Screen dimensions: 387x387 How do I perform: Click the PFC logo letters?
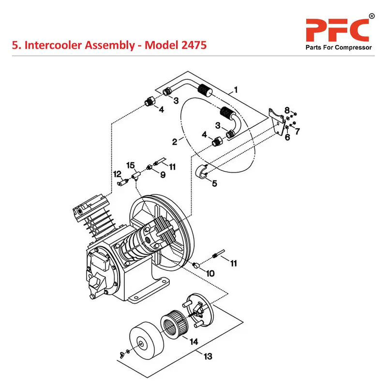pyautogui.click(x=337, y=30)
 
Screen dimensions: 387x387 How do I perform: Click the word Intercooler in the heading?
pyautogui.click(x=53, y=45)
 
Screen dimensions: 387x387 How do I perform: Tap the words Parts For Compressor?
pyautogui.click(x=338, y=47)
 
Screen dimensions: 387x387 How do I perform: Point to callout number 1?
pyautogui.click(x=236, y=89)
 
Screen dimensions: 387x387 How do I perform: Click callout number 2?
pyautogui.click(x=175, y=142)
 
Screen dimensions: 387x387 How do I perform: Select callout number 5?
pyautogui.click(x=214, y=183)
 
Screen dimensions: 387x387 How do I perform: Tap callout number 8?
pyautogui.click(x=287, y=110)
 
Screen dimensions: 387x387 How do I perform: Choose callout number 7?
pyautogui.click(x=298, y=131)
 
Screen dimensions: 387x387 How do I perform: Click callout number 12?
pyautogui.click(x=117, y=174)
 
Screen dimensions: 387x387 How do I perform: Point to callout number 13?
pyautogui.click(x=208, y=357)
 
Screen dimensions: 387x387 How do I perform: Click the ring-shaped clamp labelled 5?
pyautogui.click(x=203, y=172)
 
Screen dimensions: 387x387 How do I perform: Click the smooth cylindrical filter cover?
pyautogui.click(x=142, y=342)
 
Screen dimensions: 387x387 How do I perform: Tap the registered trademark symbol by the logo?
pyautogui.click(x=372, y=16)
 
